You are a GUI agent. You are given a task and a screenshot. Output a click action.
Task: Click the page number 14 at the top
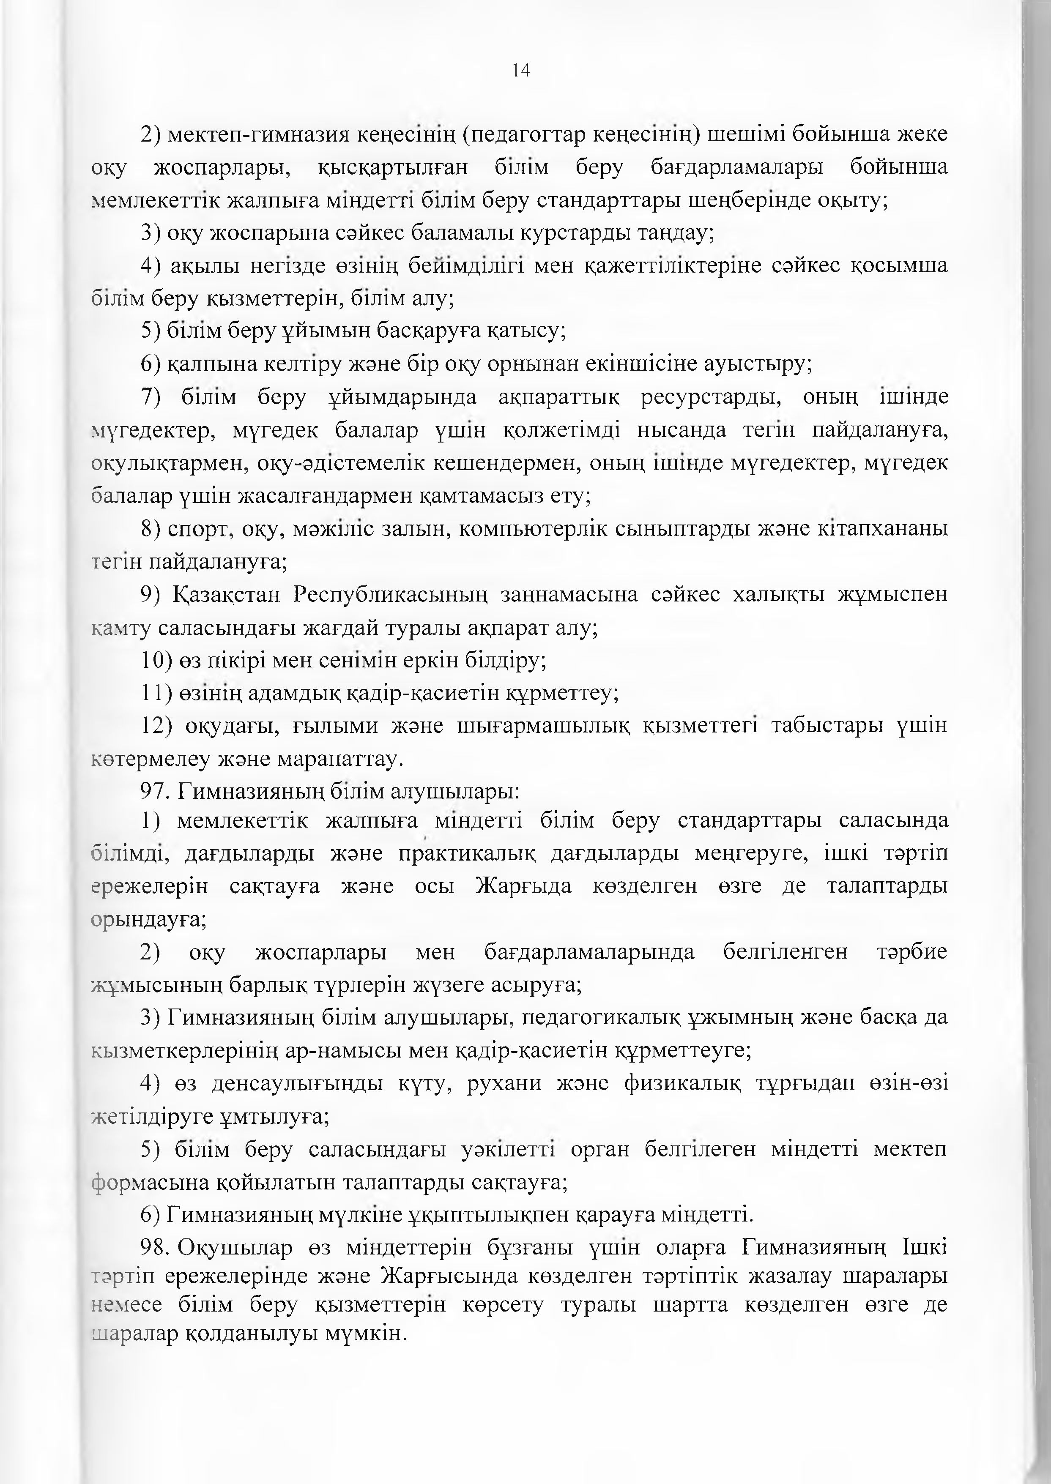[x=521, y=71]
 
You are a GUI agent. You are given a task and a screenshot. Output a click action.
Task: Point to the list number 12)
[x=156, y=726]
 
